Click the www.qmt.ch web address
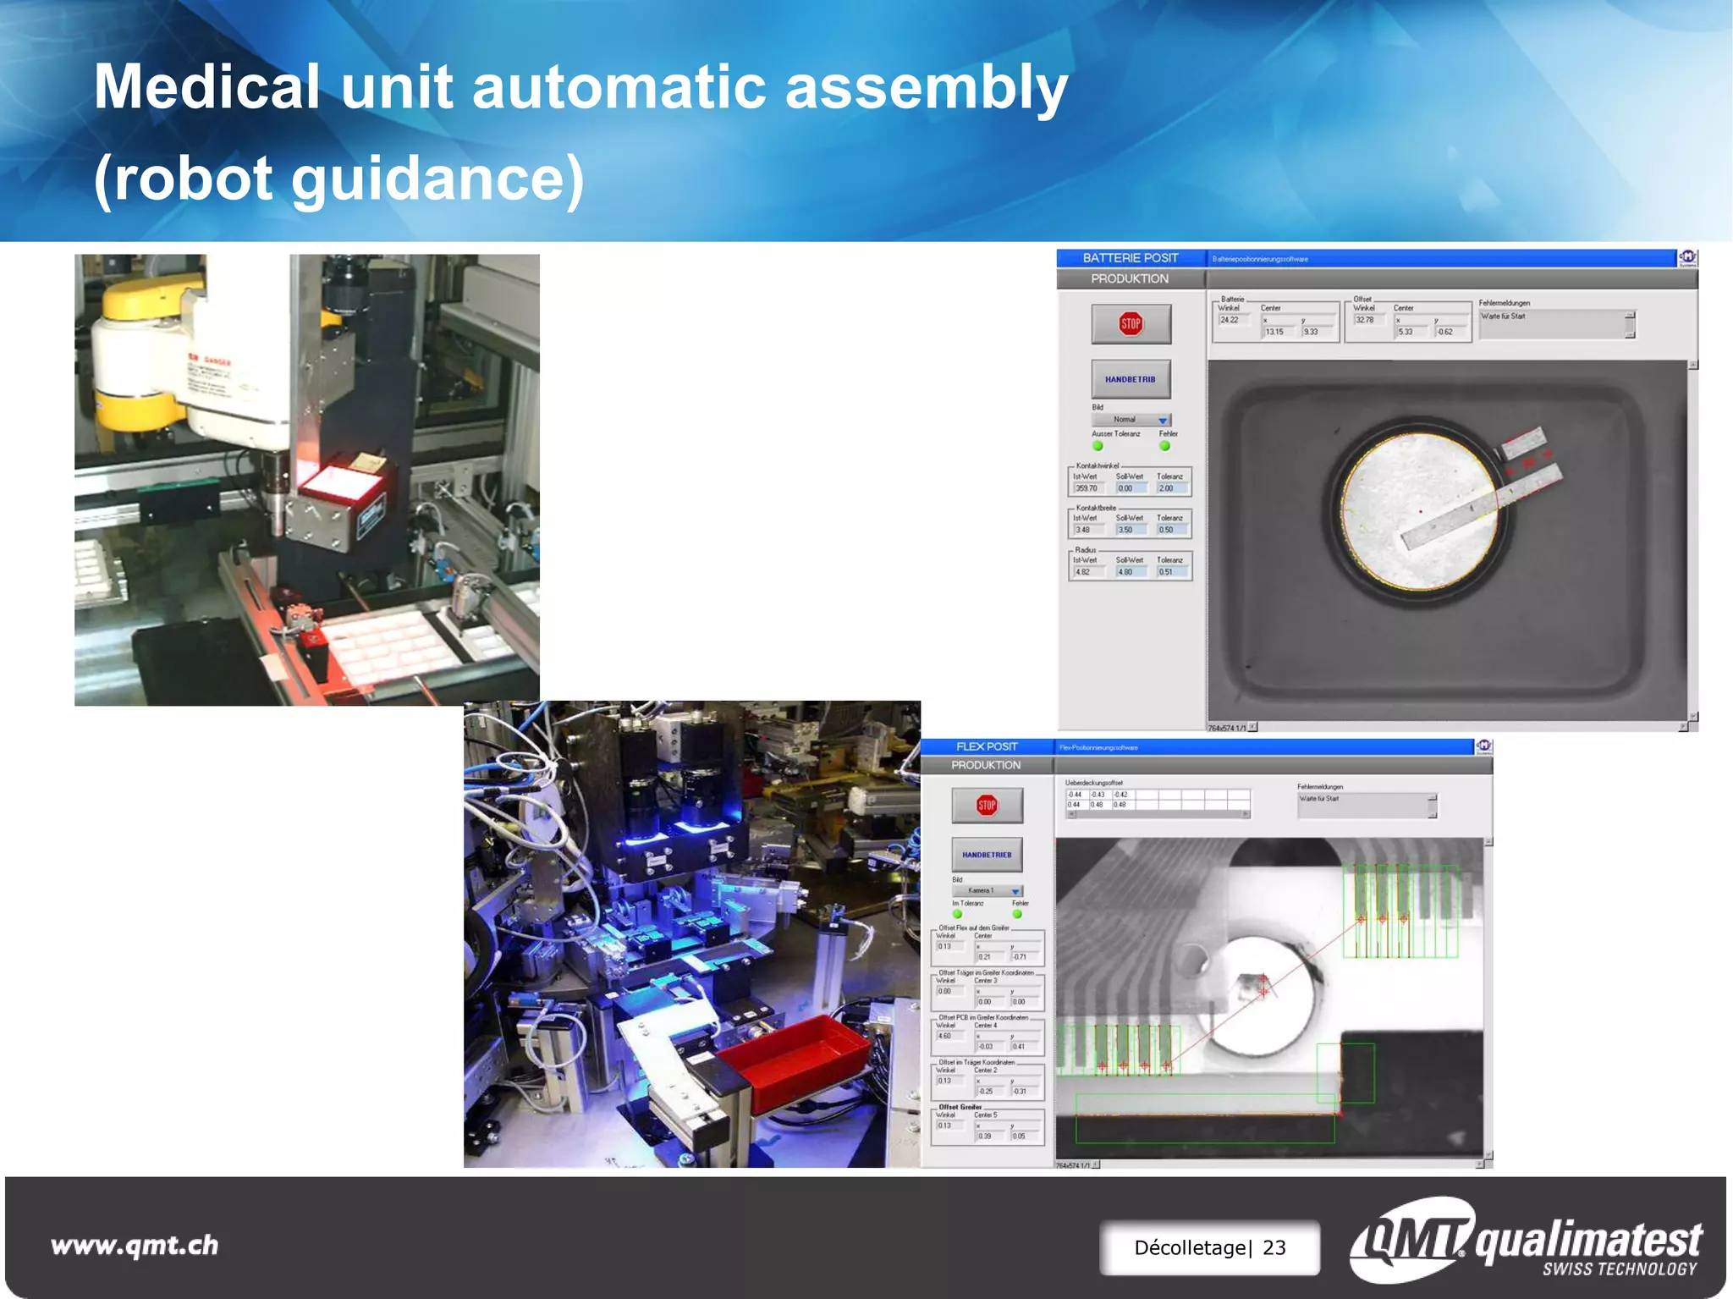(x=135, y=1245)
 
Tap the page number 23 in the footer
(x=1274, y=1247)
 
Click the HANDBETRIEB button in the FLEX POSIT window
(x=987, y=855)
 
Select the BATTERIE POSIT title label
(x=1130, y=258)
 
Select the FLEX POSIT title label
(x=987, y=746)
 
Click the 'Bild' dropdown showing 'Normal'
(x=1131, y=420)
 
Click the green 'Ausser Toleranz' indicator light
(x=1098, y=446)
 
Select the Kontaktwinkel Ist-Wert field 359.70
(x=1087, y=488)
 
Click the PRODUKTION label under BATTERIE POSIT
(x=1129, y=278)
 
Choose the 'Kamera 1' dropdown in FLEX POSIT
(x=987, y=891)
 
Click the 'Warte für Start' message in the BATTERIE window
(x=1503, y=316)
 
